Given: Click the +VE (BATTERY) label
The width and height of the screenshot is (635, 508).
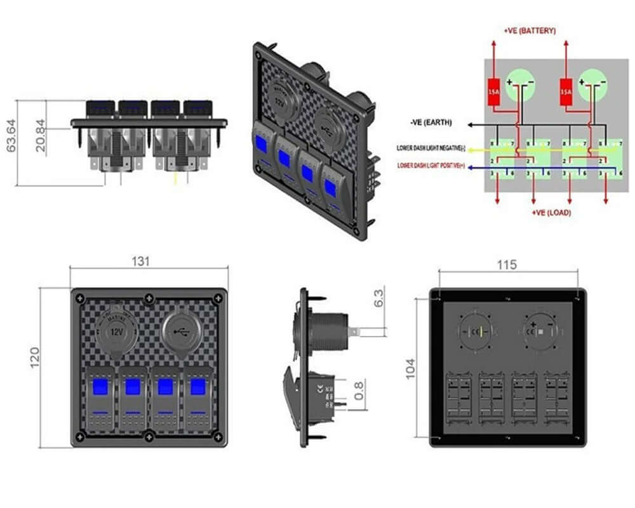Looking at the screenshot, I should [530, 30].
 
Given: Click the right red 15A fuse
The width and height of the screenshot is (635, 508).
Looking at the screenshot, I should [566, 92].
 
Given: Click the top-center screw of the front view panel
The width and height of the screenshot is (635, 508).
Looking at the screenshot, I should [149, 297].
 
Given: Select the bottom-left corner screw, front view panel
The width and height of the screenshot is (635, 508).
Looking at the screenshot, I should [79, 436].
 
